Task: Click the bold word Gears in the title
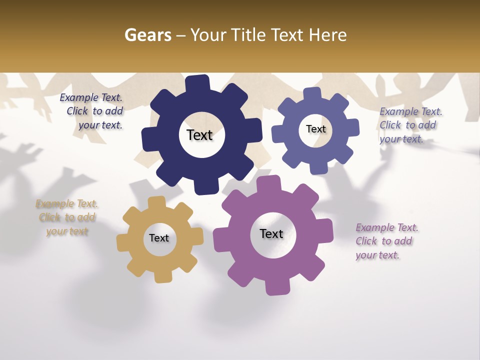[x=148, y=35]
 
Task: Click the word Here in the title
[x=327, y=35]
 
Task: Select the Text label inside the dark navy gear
[x=199, y=135]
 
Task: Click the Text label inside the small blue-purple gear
[x=315, y=129]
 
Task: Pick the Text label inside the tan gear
[x=159, y=238]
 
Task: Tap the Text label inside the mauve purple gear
[x=271, y=233]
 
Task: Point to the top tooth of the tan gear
[x=156, y=202]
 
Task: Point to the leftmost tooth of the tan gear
[x=122, y=242]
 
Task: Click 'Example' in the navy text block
[x=77, y=98]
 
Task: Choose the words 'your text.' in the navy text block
[x=100, y=125]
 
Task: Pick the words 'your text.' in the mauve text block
[x=377, y=255]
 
